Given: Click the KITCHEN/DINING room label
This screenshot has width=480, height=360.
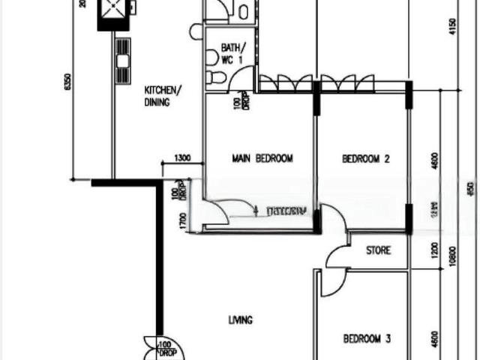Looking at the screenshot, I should [162, 96].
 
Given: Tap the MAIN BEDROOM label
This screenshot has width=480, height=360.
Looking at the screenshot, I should [262, 158].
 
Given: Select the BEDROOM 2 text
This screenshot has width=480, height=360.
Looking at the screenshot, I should [367, 158].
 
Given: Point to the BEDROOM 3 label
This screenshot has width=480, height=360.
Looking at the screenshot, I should [367, 339].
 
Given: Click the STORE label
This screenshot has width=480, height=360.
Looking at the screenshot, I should [378, 250].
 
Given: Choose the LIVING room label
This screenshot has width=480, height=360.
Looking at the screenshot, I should [241, 320].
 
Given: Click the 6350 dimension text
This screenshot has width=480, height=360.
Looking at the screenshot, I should [68, 83].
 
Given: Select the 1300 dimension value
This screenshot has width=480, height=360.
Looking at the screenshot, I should [181, 159].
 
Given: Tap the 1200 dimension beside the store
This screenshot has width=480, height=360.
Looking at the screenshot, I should [435, 250].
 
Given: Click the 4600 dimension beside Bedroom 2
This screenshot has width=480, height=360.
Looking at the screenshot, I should [435, 161].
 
